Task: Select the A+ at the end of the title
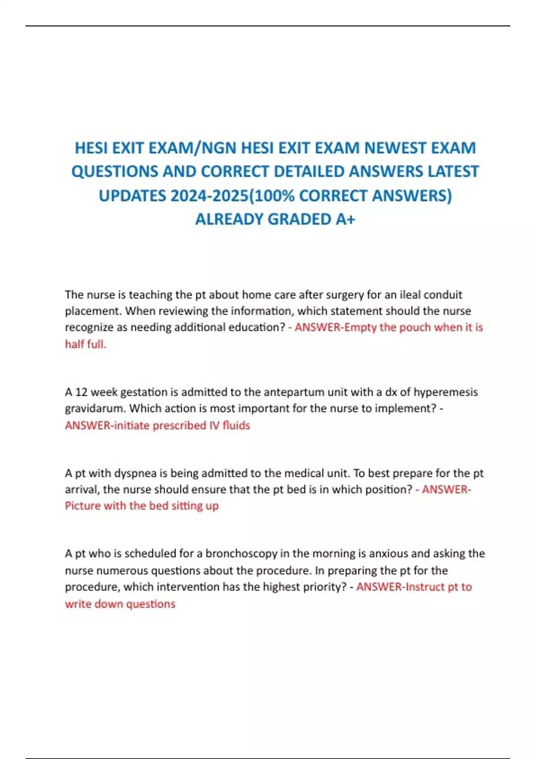pos(345,219)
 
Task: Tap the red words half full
pos(85,344)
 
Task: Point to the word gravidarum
pos(95,409)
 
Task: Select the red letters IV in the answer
pos(214,425)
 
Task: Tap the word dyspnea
pos(135,473)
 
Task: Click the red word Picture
pos(83,506)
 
